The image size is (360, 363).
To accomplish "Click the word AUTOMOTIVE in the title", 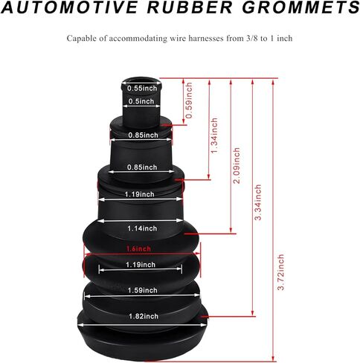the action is click(69, 7).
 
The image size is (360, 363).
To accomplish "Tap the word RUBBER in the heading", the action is click(190, 7).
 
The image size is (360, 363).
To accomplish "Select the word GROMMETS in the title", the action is click(300, 7).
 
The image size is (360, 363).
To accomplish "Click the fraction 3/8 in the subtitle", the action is click(251, 39).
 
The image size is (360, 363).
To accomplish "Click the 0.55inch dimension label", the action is click(142, 89).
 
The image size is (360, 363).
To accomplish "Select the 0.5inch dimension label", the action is click(141, 101).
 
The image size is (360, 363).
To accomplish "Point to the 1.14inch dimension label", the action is click(142, 228).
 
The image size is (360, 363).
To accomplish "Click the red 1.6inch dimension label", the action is click(138, 248).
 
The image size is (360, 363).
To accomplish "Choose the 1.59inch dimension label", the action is click(143, 290).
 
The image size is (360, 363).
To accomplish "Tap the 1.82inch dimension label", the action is click(144, 316).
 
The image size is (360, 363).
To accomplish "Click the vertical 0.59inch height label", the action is click(189, 100).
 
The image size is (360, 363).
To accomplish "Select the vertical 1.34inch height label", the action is click(214, 135).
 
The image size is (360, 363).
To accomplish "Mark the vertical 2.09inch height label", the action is click(237, 166).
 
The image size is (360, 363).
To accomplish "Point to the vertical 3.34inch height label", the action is click(258, 202).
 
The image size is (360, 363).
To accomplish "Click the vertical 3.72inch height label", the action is click(280, 272).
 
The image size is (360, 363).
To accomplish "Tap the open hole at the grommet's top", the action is click(142, 81).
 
